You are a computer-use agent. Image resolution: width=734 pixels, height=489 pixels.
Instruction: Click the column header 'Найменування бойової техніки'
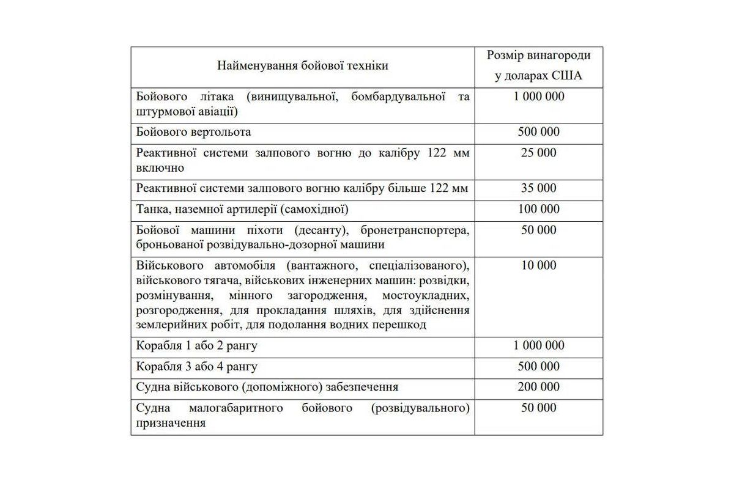[x=302, y=66]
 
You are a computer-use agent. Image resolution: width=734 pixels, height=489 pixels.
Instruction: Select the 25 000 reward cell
[x=538, y=153]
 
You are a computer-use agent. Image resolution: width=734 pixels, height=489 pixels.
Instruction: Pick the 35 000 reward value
[x=538, y=188]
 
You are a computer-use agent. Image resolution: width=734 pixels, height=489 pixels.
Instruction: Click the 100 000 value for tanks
[x=538, y=209]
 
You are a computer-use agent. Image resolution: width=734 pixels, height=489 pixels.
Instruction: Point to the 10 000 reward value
[x=538, y=265]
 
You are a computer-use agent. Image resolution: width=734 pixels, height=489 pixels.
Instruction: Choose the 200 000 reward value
[x=538, y=387]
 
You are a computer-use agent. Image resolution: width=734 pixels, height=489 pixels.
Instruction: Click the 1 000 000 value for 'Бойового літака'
[x=538, y=97]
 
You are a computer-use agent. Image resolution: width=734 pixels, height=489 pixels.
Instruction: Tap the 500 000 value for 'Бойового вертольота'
[x=538, y=132]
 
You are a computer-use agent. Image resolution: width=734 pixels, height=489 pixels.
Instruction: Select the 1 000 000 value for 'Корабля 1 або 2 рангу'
[x=538, y=345]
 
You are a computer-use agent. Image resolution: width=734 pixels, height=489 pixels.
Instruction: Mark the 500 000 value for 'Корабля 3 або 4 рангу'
[x=538, y=366]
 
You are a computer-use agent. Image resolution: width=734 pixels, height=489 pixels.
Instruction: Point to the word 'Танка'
[x=152, y=209]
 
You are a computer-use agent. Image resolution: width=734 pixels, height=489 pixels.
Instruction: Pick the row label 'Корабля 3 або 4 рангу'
[x=197, y=366]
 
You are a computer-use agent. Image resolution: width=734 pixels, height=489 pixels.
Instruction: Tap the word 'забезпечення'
[x=363, y=387]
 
